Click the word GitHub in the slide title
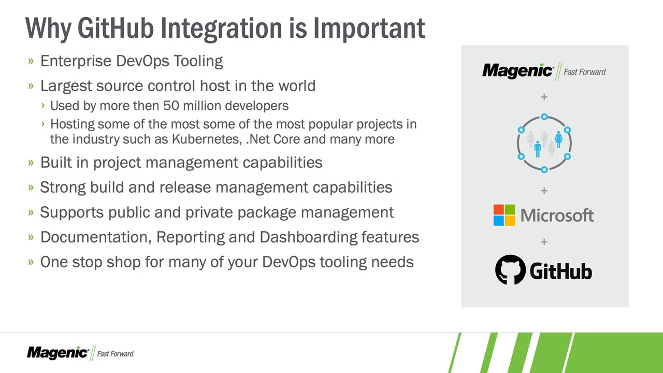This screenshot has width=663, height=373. tap(116, 28)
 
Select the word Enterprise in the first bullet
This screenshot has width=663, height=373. tap(76, 61)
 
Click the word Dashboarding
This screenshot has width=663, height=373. tap(308, 238)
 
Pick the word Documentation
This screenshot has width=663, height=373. tap(96, 237)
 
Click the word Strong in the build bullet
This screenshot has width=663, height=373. tap(63, 188)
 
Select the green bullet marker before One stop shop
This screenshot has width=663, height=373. tap(31, 262)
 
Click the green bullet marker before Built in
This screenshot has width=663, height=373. tap(31, 163)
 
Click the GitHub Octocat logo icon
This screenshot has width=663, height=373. tap(510, 270)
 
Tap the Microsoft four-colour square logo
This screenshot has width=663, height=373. tap(504, 215)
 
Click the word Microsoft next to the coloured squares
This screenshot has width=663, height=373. tap(557, 215)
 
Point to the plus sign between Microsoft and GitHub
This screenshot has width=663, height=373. tap(544, 242)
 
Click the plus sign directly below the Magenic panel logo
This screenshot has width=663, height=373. tap(544, 97)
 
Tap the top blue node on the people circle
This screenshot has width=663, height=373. tap(544, 117)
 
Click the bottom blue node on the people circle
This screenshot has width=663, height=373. tap(544, 169)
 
